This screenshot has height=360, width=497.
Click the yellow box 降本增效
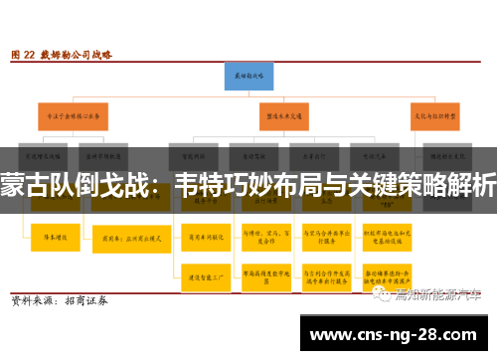53,238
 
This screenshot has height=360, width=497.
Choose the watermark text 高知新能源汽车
438,294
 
